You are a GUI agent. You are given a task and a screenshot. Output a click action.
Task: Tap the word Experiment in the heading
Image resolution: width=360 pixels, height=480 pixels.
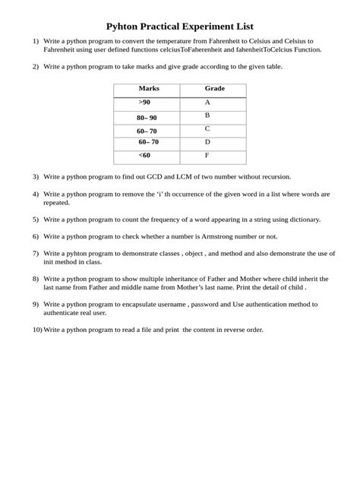(210, 26)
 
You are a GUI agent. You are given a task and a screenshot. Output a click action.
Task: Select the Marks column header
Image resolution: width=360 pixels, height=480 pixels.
(149, 89)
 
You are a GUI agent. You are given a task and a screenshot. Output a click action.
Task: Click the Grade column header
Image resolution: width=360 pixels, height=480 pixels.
(215, 89)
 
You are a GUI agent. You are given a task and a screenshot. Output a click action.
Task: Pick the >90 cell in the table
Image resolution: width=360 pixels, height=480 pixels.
(144, 102)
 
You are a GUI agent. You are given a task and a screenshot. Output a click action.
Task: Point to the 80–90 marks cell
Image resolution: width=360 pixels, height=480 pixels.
(147, 118)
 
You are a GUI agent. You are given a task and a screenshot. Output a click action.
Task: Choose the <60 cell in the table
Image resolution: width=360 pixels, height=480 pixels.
(144, 155)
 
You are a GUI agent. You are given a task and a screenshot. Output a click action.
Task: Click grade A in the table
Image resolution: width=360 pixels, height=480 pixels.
(207, 102)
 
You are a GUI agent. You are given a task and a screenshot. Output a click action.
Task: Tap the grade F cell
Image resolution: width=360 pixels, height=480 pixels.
(207, 155)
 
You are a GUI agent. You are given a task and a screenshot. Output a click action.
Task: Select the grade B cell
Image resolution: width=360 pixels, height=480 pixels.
(207, 115)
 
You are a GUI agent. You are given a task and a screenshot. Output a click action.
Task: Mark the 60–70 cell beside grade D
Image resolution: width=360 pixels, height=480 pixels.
(149, 142)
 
